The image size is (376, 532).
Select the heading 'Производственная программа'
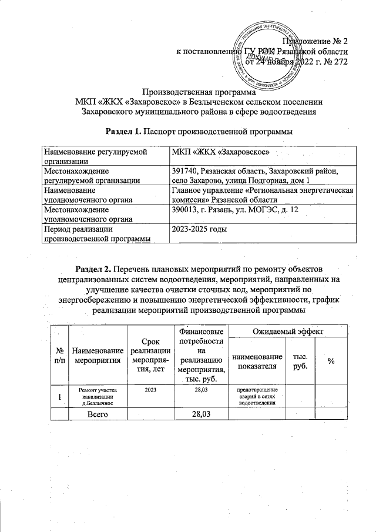click(x=200, y=92)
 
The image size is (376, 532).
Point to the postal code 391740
click(x=185, y=170)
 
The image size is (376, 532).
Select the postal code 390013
click(x=185, y=210)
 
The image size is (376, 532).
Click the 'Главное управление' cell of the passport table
click(x=262, y=195)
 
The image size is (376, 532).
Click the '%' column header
click(x=331, y=361)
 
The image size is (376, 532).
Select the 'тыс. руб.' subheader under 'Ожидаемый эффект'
click(x=296, y=361)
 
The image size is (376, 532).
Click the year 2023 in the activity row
click(x=150, y=390)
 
